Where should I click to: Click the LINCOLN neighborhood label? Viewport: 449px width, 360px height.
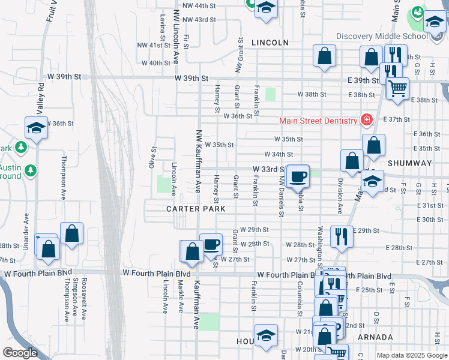click(270, 43)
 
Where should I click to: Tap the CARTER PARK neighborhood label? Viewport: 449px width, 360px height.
click(196, 209)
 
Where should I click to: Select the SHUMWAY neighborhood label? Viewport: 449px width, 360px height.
click(410, 163)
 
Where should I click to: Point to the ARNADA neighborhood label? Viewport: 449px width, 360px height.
click(375, 337)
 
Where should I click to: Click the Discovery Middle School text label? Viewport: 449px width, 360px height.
click(382, 36)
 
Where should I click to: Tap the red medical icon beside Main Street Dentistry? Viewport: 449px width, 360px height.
click(365, 120)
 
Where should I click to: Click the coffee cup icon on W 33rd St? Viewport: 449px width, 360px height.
click(298, 176)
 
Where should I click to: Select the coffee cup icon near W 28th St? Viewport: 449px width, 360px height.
click(211, 244)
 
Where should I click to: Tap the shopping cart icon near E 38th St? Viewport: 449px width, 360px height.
click(397, 88)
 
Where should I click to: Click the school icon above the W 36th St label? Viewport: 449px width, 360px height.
click(36, 128)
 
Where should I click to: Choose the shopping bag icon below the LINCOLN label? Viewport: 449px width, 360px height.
click(324, 56)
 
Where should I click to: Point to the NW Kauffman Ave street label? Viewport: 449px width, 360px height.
click(197, 161)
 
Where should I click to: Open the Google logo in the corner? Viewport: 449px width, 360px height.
click(20, 353)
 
